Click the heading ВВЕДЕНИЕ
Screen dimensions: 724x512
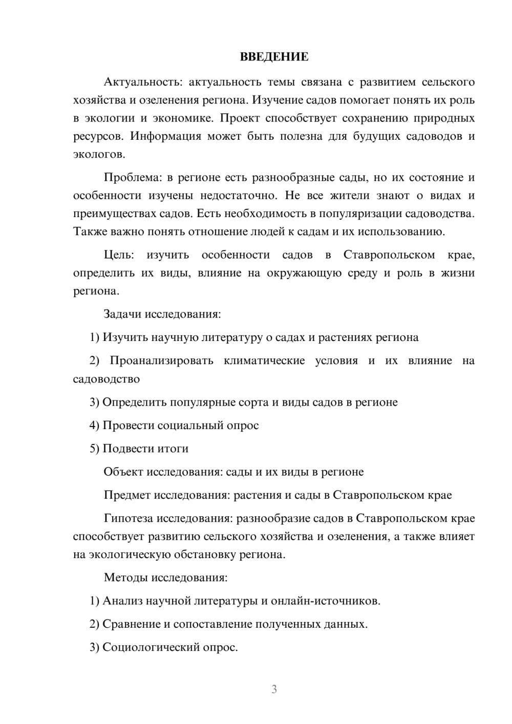pos(274,57)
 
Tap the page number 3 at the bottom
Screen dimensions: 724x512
pos(274,689)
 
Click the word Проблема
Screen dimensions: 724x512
pos(132,178)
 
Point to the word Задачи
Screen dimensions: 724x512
pos(122,314)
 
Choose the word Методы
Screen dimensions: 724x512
pos(126,578)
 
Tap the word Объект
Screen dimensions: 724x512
pos(123,472)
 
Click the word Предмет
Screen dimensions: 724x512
pos(127,495)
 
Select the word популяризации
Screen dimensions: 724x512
pos(360,214)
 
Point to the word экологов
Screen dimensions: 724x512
pos(98,155)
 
